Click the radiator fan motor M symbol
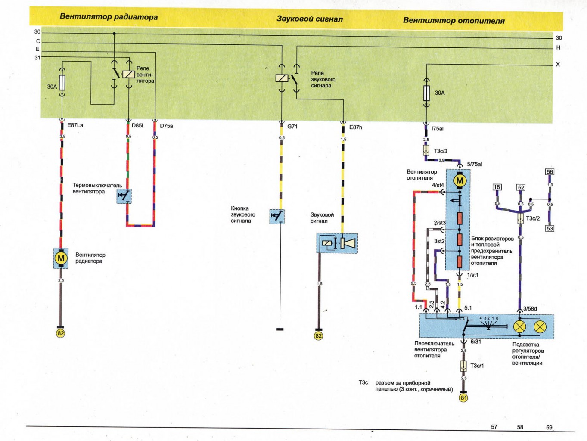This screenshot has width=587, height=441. pos(61,258)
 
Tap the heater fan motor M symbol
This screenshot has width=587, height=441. pos(460,181)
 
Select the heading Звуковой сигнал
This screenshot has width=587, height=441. pos(309,19)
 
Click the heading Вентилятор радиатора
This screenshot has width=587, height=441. pos(109,17)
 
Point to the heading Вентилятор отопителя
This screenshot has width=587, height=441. pos(453,20)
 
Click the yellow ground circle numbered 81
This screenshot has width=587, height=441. pos(463,398)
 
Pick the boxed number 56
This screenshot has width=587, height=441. pos(550,172)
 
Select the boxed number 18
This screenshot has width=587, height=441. pos(497,187)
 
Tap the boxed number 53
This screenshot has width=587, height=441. pos(550,228)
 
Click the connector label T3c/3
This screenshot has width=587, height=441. pos(440,151)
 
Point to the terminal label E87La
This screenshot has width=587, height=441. pos(75,125)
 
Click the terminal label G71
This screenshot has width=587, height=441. pos(292,127)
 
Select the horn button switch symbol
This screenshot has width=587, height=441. pos(276,216)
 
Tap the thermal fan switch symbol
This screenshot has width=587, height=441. pos(124,196)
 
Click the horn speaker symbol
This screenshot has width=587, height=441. pos(348,243)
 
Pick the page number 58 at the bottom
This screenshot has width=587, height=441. pos(520,427)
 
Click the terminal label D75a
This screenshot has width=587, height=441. pos(166,126)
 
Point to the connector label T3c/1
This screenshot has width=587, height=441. pos(477,366)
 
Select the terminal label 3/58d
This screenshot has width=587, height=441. pos(530,309)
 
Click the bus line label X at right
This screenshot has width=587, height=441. pos(558,65)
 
